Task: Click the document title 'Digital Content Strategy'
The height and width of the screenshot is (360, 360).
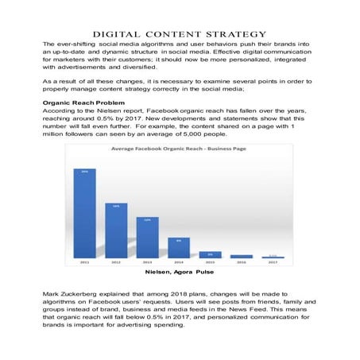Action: pos(180,34)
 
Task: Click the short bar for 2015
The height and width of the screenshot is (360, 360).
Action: pos(210,254)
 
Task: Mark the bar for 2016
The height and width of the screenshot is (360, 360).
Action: pos(241,256)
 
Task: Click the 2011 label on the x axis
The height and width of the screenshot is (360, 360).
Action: pos(85,261)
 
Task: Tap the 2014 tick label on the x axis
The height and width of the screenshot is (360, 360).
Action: pos(179,261)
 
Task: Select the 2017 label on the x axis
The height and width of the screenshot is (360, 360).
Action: pos(273,261)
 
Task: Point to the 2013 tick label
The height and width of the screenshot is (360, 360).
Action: pos(147,261)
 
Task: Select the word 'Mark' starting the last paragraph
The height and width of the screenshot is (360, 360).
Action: pos(51,294)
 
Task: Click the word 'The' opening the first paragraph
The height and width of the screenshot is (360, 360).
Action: pos(49,44)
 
